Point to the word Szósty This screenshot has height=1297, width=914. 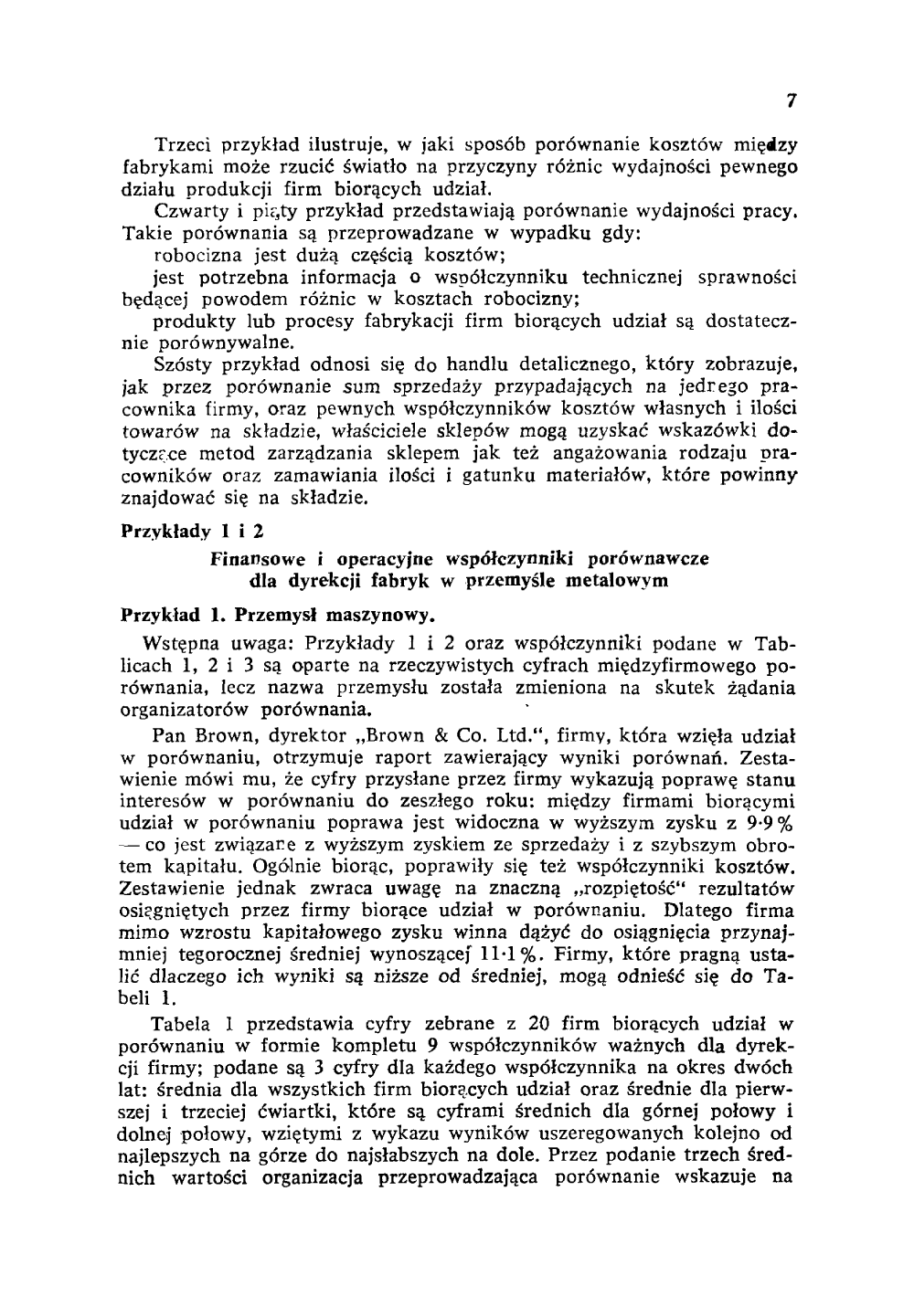click(183, 365)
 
